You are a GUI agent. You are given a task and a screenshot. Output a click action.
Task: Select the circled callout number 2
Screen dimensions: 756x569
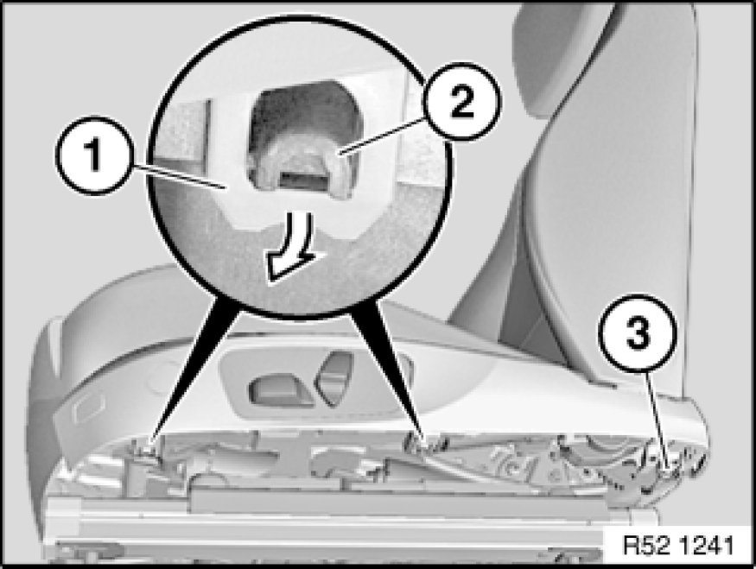[x=462, y=102]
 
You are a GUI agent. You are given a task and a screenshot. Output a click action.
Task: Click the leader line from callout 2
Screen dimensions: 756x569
[x=384, y=136]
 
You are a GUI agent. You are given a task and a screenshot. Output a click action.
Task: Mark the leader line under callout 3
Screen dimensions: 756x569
[x=657, y=417]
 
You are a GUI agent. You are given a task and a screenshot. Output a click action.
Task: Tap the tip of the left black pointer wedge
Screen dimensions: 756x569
[x=150, y=442]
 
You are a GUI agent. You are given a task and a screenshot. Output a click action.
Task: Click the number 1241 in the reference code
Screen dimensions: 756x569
[x=707, y=546]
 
